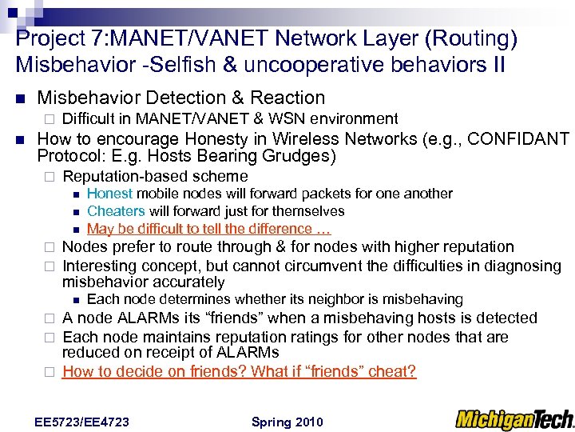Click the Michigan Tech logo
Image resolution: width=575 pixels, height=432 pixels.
pyautogui.click(x=514, y=419)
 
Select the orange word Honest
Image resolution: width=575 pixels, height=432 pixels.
pyautogui.click(x=110, y=194)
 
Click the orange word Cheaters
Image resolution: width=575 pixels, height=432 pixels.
pyautogui.click(x=116, y=211)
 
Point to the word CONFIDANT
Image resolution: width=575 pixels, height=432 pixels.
pyautogui.click(x=518, y=138)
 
